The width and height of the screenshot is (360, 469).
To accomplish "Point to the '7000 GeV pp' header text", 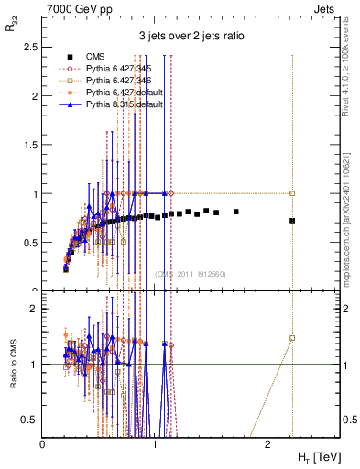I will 72,7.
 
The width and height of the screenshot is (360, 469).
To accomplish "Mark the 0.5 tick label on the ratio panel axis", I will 31,420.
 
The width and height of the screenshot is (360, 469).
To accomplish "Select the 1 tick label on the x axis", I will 155,443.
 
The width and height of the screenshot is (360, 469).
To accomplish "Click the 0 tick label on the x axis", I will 43,443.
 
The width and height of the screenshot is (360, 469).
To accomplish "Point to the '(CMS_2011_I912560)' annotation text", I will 187,274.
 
